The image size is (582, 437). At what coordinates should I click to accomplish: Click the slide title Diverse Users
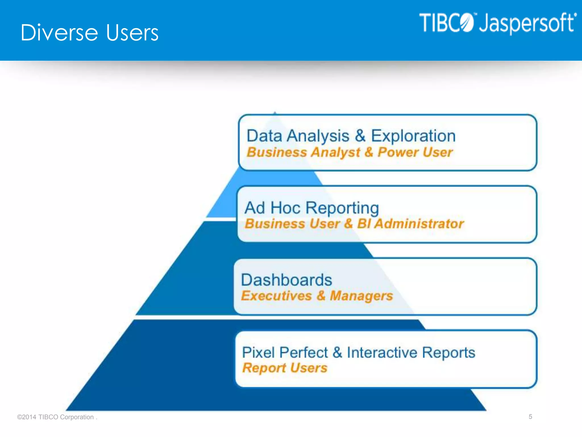90,33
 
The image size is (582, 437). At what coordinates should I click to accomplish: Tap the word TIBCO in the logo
446,23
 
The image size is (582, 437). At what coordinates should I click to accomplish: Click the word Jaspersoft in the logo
527,23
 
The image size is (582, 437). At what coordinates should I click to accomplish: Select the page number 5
530,417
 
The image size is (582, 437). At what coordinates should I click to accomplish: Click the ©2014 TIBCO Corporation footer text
57,417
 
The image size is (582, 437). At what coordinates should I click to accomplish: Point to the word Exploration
413,136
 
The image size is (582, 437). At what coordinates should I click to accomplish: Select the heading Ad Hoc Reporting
312,208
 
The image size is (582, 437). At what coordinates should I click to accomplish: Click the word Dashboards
286,280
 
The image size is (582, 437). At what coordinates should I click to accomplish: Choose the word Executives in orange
277,296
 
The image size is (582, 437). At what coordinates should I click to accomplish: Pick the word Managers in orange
361,296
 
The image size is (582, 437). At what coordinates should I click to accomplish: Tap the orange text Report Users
285,368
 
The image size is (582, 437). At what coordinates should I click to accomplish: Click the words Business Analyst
304,152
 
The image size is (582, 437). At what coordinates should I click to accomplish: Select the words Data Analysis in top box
298,136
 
